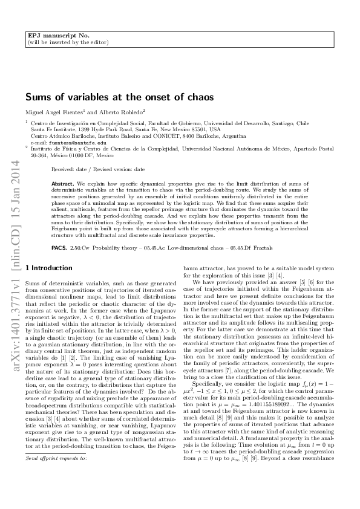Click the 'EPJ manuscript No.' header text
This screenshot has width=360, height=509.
coord(52,36)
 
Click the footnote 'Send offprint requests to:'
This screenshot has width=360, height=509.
coord(56,493)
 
